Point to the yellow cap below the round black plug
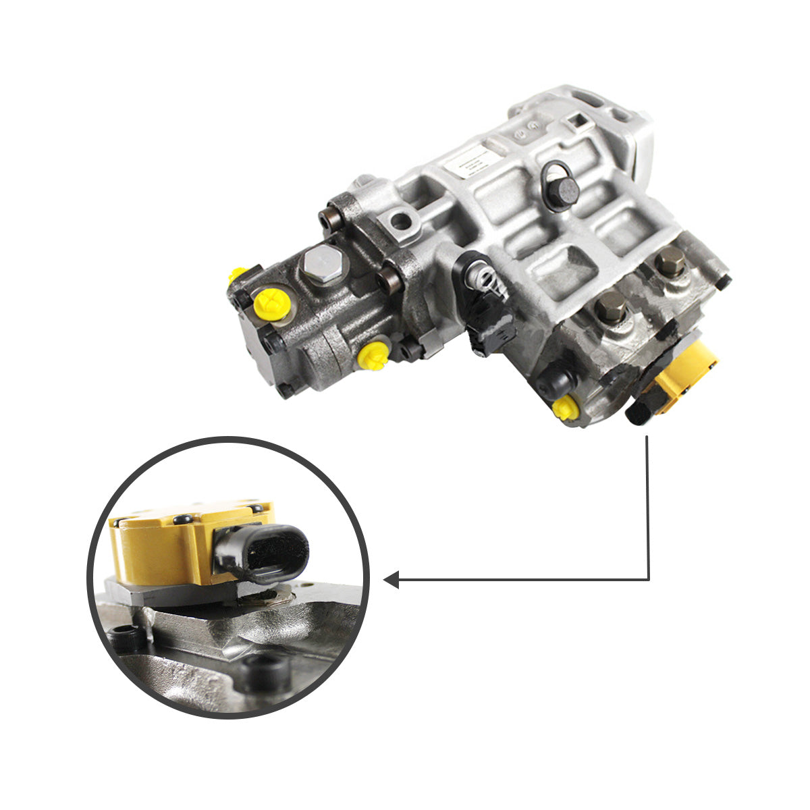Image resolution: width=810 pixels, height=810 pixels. (565, 408)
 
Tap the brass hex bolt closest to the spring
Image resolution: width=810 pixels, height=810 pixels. (610, 307)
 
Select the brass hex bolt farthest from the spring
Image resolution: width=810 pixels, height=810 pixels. (670, 262)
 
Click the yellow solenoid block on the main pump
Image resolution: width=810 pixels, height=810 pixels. (685, 375)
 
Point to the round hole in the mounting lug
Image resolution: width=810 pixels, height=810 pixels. (401, 220)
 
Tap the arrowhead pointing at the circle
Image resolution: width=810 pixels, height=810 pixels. (391, 579)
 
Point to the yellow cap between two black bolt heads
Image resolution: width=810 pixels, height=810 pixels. (373, 355)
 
